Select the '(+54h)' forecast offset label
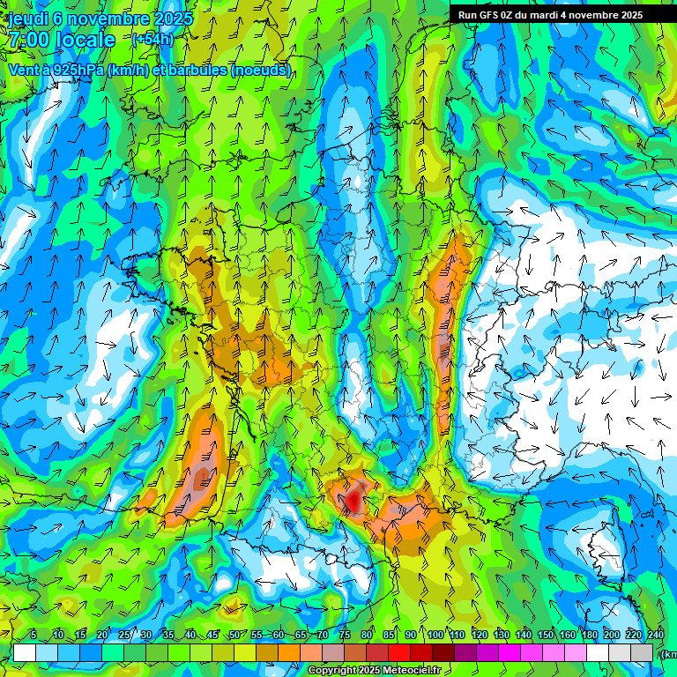click(x=153, y=39)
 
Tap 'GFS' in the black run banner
click(x=491, y=14)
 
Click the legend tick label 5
click(x=33, y=636)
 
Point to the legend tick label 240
click(x=655, y=636)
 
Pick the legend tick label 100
click(x=434, y=636)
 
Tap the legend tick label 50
click(x=234, y=636)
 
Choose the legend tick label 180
click(x=588, y=636)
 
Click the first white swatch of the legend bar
click(x=24, y=652)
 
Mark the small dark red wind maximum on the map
click(x=353, y=501)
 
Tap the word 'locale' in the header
click(x=85, y=40)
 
